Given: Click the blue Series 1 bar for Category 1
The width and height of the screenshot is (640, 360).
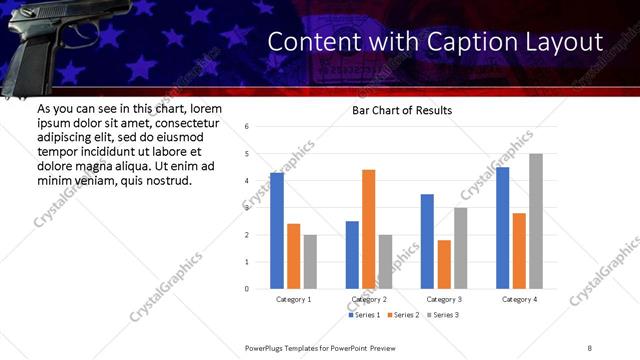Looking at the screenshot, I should (x=277, y=231).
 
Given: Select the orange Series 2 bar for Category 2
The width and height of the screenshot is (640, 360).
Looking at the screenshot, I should (x=368, y=229).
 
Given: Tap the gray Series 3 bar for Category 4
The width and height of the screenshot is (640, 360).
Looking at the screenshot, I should (x=536, y=221).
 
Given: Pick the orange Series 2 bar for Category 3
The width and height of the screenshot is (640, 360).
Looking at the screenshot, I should (x=444, y=264).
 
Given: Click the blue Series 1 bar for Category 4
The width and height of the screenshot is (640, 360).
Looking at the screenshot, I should (x=502, y=228).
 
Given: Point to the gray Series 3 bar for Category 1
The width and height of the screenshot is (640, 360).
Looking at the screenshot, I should (x=310, y=262).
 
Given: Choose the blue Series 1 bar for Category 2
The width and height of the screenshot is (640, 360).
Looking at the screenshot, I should (x=352, y=255).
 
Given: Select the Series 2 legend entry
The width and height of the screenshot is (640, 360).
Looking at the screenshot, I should (x=402, y=315).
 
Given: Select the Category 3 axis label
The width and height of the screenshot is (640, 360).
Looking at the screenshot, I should (x=443, y=299).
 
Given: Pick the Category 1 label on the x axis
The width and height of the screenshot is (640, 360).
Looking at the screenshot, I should (x=293, y=299).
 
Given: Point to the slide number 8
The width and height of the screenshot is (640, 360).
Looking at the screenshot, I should (x=590, y=348).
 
